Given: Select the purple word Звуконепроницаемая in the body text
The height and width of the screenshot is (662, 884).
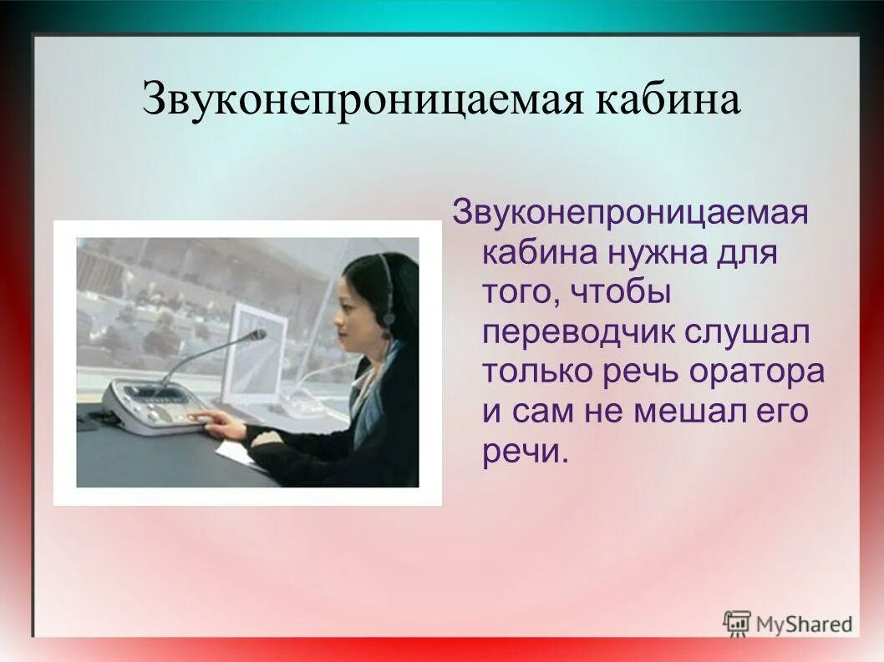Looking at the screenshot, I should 630,212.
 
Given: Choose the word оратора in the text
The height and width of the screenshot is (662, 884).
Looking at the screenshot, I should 756,372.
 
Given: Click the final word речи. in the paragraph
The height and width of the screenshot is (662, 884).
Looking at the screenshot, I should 525,452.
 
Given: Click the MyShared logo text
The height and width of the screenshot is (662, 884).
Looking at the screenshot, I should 804,624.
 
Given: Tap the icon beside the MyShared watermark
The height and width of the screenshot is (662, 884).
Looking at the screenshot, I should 737,623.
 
